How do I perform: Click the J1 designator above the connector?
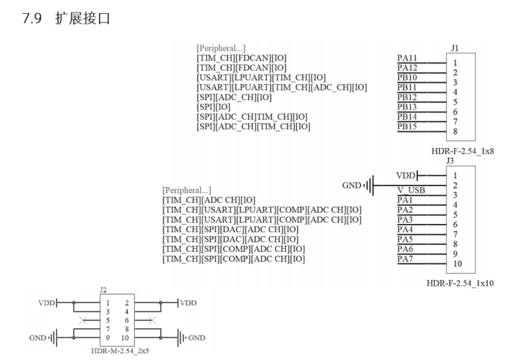(x=455, y=48)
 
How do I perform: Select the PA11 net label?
(x=407, y=58)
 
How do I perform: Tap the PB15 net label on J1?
(x=407, y=126)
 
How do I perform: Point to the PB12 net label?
(x=407, y=97)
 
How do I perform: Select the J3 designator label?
(x=450, y=161)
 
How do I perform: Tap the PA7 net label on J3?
(x=405, y=258)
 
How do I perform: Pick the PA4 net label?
(x=405, y=229)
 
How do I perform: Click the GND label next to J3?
(x=351, y=186)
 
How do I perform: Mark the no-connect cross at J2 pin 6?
(x=151, y=320)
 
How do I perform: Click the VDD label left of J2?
(x=47, y=302)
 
